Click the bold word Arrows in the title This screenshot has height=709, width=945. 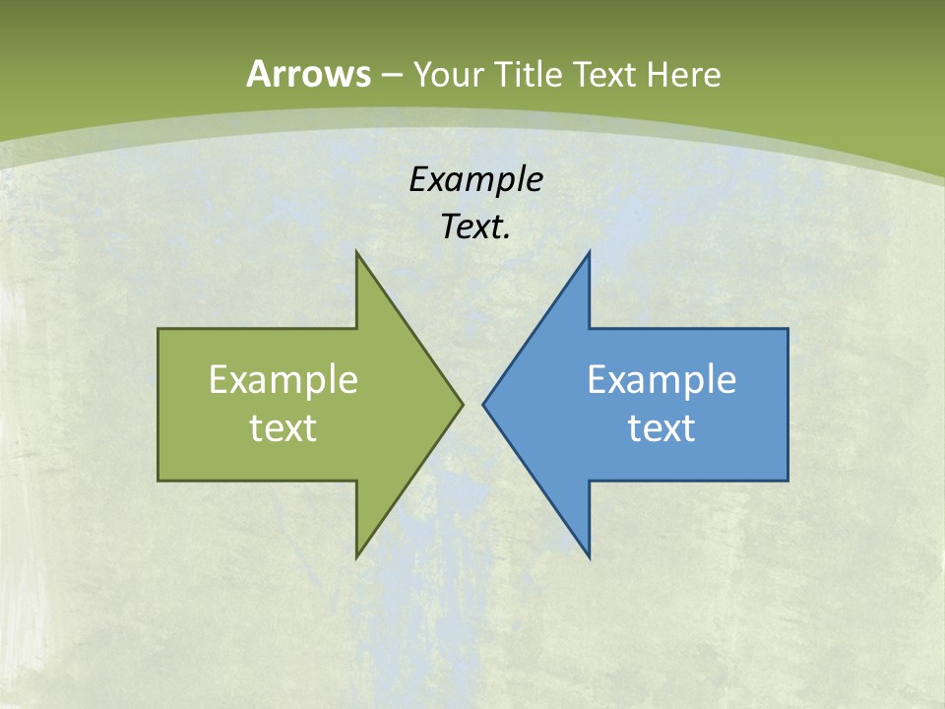pyautogui.click(x=308, y=74)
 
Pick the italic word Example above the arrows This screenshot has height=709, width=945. pyautogui.click(x=476, y=179)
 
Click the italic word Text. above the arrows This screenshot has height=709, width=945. pyautogui.click(x=476, y=227)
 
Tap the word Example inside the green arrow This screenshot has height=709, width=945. pyautogui.click(x=283, y=379)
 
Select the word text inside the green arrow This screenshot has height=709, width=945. pyautogui.click(x=283, y=427)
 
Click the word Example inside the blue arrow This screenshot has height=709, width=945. pyautogui.click(x=661, y=379)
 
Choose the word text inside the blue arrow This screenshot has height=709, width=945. pyautogui.click(x=661, y=427)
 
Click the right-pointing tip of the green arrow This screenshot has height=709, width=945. pyautogui.click(x=461, y=404)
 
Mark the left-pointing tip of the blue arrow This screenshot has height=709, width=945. pyautogui.click(x=485, y=404)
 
